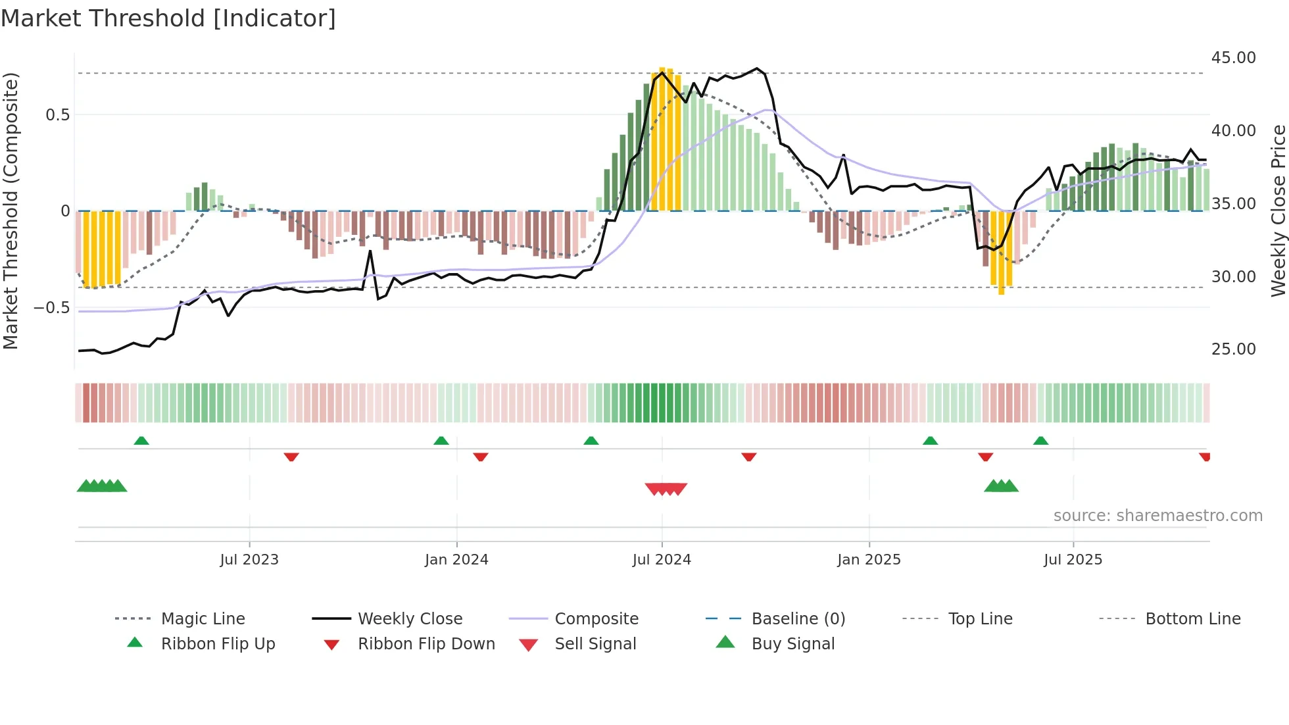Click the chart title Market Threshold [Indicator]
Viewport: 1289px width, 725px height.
[168, 18]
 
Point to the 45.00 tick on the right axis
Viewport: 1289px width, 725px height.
[1233, 58]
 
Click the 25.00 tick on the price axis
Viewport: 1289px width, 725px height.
[1233, 349]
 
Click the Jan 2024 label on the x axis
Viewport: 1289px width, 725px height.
[456, 560]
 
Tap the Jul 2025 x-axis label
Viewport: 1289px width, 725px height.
[1073, 560]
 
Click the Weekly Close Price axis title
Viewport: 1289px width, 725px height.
[1278, 211]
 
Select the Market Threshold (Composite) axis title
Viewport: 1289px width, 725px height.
[11, 211]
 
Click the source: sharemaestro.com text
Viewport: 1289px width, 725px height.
[1157, 516]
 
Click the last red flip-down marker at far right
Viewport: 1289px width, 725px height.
[1204, 457]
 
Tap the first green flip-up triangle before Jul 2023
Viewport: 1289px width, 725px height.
[141, 441]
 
